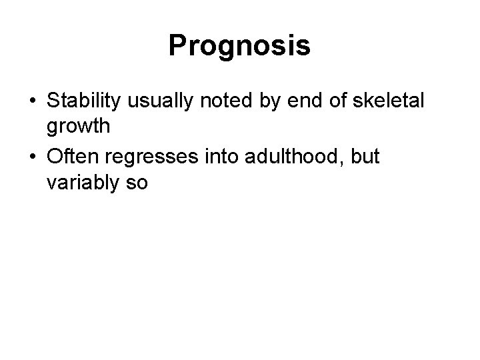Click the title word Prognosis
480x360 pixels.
(239, 46)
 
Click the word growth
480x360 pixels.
(75, 125)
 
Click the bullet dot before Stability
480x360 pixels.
(32, 102)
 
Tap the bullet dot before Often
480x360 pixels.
(32, 158)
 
